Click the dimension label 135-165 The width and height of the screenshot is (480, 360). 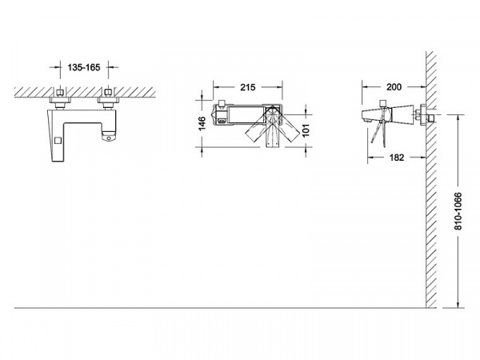pyautogui.click(x=84, y=67)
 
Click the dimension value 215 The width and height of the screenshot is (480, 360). pyautogui.click(x=248, y=87)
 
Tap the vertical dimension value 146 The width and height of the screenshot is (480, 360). pyautogui.click(x=202, y=123)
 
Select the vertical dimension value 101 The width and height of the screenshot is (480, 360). pyautogui.click(x=306, y=130)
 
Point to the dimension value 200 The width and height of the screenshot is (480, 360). pyautogui.click(x=394, y=87)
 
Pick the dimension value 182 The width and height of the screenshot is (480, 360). pyautogui.click(x=397, y=158)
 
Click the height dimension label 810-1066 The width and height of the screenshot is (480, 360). pyautogui.click(x=458, y=211)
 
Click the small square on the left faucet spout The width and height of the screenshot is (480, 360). pyautogui.click(x=58, y=141)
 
